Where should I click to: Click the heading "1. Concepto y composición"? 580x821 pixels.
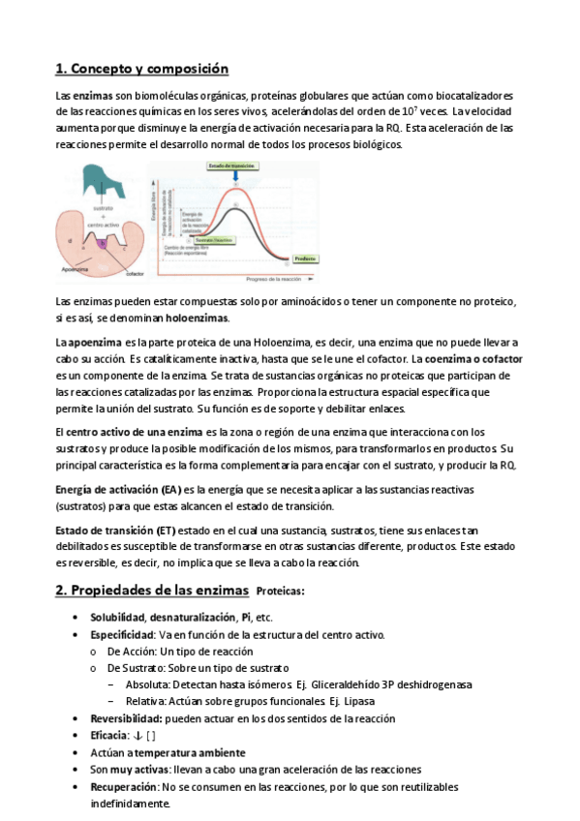(x=141, y=69)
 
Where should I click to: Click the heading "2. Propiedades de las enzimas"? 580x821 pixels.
(x=152, y=591)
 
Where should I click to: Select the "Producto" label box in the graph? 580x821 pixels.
(x=304, y=258)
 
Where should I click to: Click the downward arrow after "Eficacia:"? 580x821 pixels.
(x=137, y=736)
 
